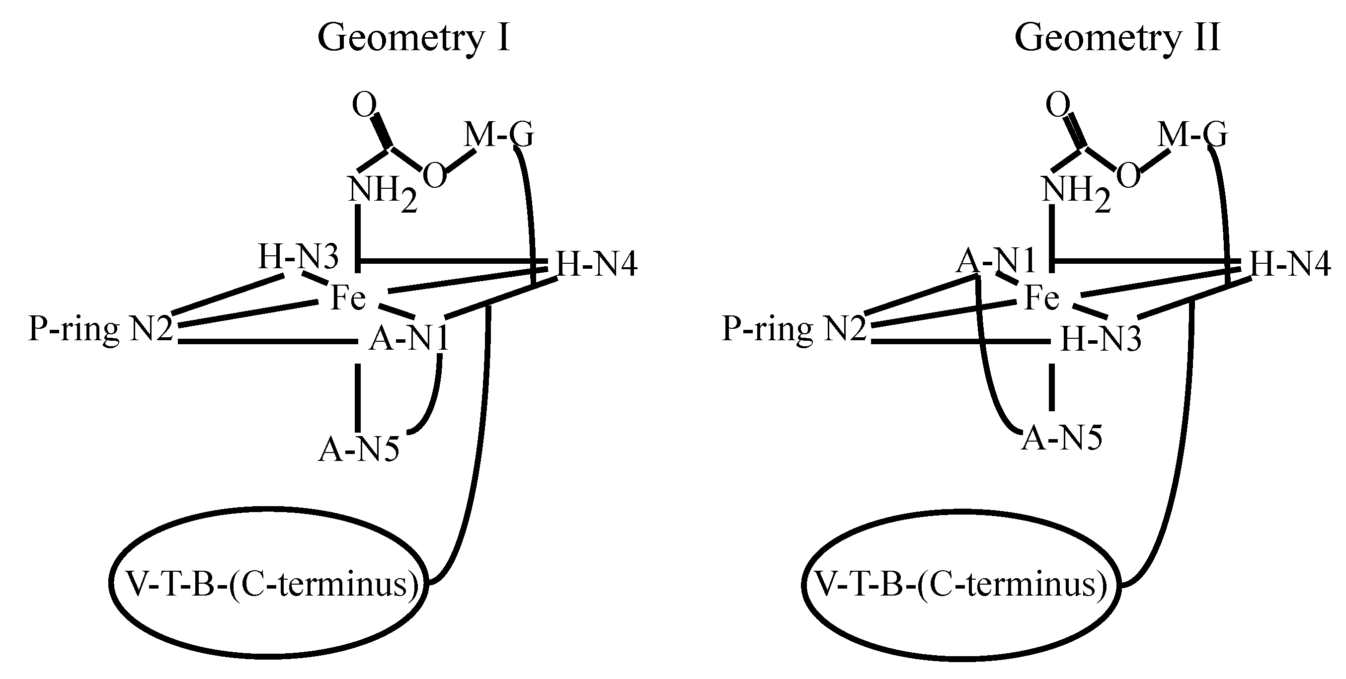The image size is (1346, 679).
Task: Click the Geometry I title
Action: tap(414, 38)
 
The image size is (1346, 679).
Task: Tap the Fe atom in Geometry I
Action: tap(348, 298)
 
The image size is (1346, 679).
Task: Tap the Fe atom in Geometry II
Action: tap(1042, 298)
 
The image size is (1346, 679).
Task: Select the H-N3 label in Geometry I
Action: tap(298, 257)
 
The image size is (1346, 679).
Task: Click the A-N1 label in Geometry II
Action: tap(995, 261)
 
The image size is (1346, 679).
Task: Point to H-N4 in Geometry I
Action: tap(597, 263)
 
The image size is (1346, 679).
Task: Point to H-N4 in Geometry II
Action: tap(1289, 263)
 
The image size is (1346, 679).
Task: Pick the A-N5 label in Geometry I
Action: tap(358, 449)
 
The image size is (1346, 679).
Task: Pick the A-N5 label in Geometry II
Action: tap(1062, 438)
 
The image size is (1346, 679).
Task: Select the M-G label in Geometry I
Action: tap(498, 135)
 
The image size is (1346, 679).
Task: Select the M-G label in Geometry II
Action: tap(1192, 135)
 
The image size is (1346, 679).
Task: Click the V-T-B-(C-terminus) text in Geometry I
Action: tap(272, 584)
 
